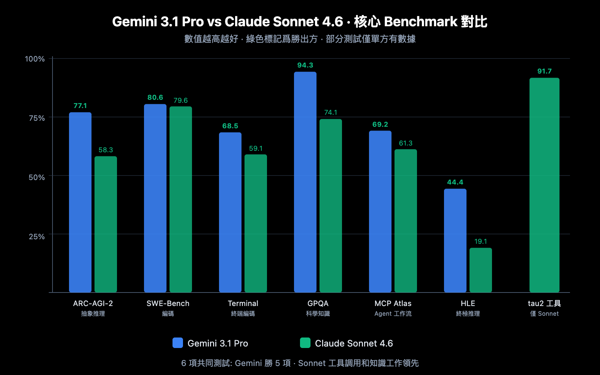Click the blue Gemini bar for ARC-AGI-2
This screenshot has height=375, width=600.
[80, 202]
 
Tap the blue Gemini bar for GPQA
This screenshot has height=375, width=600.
[305, 182]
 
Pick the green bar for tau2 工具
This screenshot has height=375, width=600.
[544, 185]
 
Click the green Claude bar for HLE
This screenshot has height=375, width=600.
[481, 270]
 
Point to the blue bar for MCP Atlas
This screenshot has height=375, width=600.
[380, 211]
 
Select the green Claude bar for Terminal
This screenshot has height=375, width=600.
[256, 223]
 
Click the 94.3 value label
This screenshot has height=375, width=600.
[305, 65]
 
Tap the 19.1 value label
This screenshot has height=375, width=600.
[481, 241]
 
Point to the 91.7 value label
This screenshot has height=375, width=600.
[544, 71]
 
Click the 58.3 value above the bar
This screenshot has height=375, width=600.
[106, 150]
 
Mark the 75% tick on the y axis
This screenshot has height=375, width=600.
[37, 118]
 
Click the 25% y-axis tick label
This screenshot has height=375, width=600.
[37, 237]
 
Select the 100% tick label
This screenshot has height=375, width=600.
[35, 59]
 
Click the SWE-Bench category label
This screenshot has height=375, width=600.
[168, 303]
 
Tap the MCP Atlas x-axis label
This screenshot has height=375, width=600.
[393, 303]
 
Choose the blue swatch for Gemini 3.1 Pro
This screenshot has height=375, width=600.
[178, 343]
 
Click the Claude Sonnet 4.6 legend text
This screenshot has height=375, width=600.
[354, 343]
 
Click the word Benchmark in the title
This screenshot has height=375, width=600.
[420, 22]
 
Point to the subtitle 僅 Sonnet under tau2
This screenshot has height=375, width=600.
[544, 314]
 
